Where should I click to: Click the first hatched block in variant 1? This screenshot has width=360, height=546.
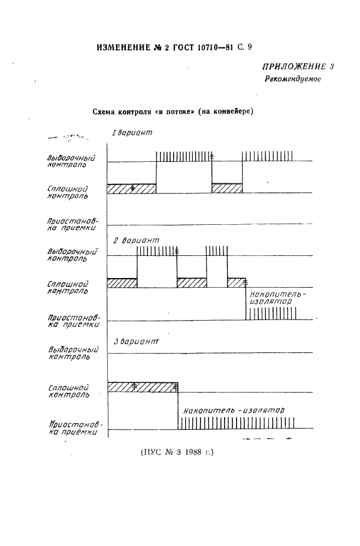point(131,188)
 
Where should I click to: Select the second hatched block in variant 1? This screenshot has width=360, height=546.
point(227,188)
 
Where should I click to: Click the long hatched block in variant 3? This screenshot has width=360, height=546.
point(143,387)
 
